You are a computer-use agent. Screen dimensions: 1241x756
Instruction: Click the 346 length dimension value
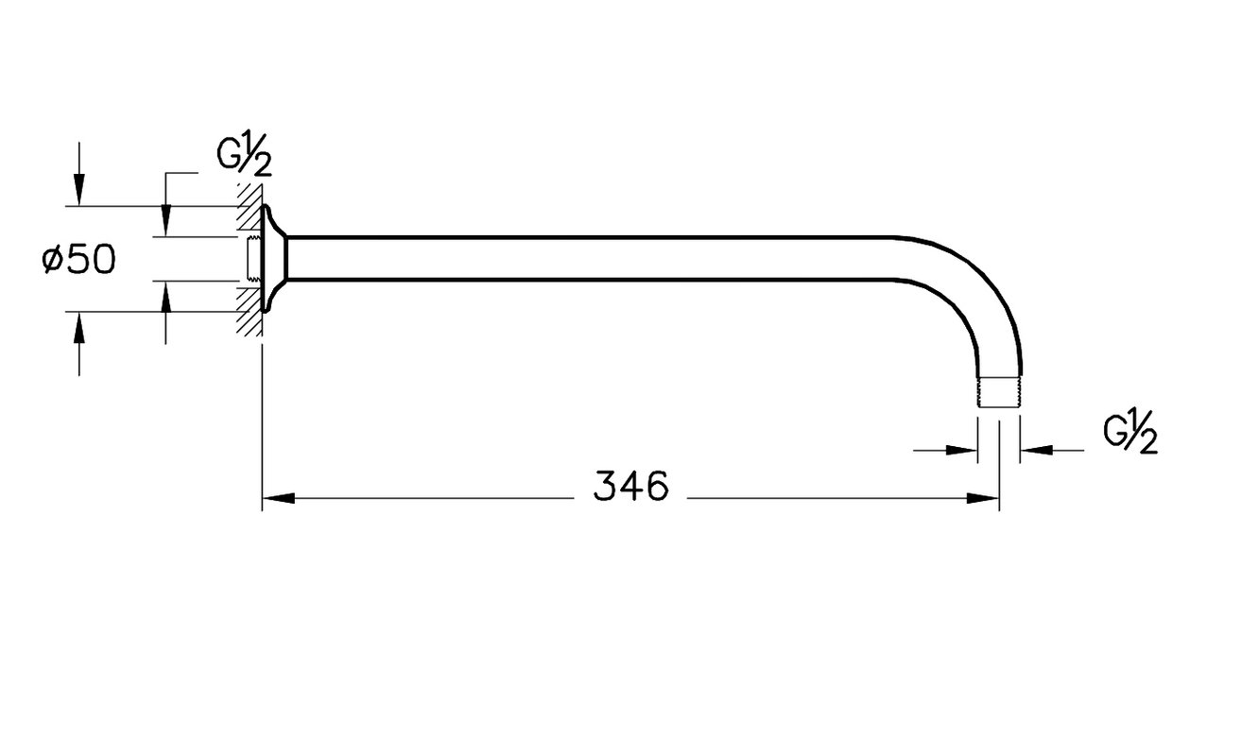click(x=631, y=487)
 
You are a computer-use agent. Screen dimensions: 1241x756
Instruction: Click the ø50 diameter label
click(x=78, y=259)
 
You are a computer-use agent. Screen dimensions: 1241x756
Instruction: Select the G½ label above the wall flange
click(x=244, y=156)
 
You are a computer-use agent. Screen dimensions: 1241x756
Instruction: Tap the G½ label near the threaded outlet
click(x=1130, y=433)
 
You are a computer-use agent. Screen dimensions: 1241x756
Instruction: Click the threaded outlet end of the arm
click(x=999, y=392)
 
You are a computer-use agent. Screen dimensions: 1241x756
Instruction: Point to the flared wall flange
click(x=274, y=259)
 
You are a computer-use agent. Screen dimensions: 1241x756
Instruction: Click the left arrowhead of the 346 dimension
click(x=278, y=498)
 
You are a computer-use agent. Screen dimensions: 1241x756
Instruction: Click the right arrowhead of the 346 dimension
click(x=983, y=498)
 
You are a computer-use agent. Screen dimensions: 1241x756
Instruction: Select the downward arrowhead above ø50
click(x=79, y=189)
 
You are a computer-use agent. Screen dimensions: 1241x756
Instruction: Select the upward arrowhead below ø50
click(x=79, y=329)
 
